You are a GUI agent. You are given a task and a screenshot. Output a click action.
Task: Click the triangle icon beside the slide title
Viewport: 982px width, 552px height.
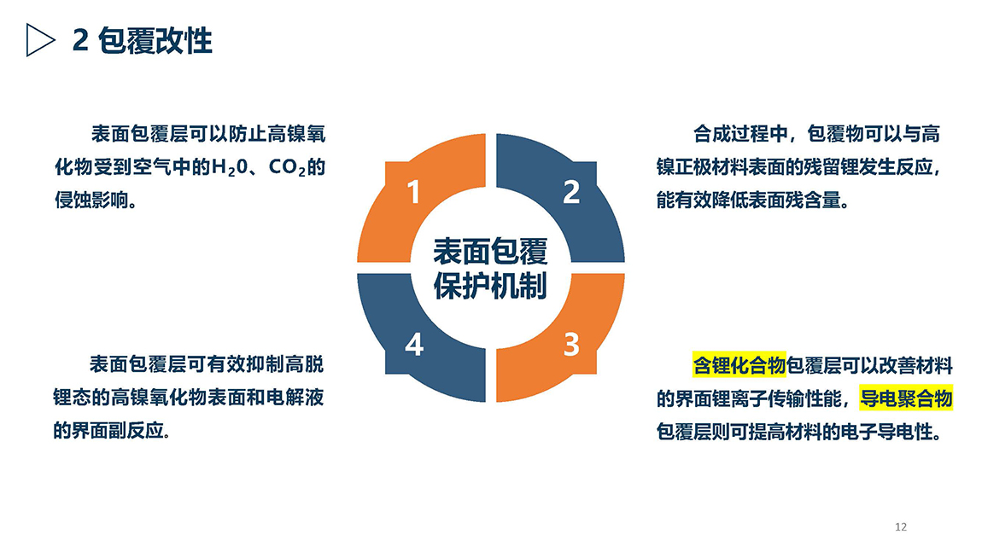coord(38,40)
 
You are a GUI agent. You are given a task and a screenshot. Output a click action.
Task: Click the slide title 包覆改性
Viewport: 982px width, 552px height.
coord(155,41)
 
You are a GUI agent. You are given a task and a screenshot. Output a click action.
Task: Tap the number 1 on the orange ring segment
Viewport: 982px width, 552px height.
coord(413,191)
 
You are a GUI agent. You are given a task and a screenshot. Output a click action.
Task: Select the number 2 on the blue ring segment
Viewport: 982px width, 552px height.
coord(571,191)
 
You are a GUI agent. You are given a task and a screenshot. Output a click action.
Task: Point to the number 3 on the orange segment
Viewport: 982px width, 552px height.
coord(571,344)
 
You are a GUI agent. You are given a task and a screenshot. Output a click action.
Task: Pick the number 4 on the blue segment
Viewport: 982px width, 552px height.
coord(414,344)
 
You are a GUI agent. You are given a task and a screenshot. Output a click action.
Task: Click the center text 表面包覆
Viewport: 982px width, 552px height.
coord(490,252)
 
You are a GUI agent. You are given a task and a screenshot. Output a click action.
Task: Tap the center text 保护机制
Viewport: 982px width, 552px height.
coord(490,286)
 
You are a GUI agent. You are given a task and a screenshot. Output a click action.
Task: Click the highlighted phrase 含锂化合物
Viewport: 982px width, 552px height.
coord(739,365)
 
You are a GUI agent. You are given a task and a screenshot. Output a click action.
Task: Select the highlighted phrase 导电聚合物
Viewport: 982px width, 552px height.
coord(906,398)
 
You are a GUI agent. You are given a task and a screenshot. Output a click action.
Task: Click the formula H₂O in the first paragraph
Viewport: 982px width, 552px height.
coord(230,168)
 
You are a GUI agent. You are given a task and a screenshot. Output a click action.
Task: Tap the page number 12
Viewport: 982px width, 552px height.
coord(901,527)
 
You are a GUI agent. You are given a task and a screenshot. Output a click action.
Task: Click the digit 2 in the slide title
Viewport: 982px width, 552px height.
coord(80,41)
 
